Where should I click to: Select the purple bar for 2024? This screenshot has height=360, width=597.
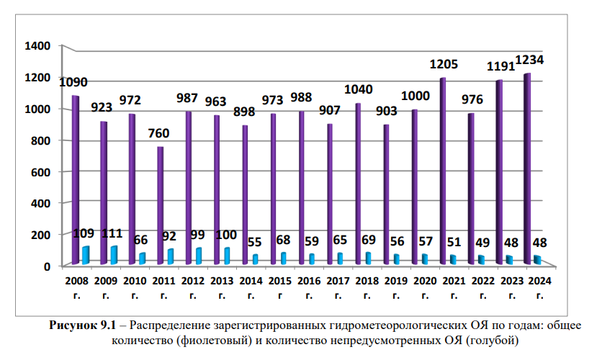[527, 169]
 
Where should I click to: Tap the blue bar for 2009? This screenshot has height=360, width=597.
[113, 255]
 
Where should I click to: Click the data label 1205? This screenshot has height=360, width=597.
[444, 65]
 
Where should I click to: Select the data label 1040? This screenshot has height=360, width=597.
[359, 89]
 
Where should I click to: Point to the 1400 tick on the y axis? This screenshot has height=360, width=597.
[37, 46]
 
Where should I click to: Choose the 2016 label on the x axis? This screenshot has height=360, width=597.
[309, 279]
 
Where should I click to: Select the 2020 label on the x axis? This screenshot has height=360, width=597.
[425, 279]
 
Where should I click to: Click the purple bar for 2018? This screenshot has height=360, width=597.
[357, 184]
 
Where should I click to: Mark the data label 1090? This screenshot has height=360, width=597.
[74, 81]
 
